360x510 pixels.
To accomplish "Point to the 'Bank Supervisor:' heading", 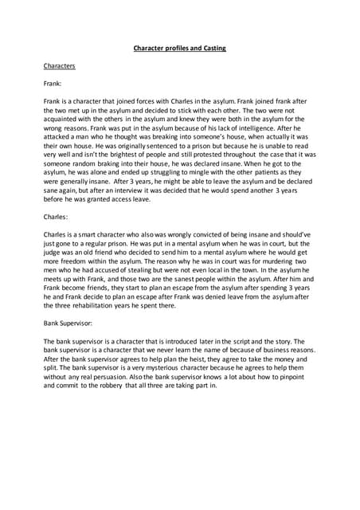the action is click(73, 324).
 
